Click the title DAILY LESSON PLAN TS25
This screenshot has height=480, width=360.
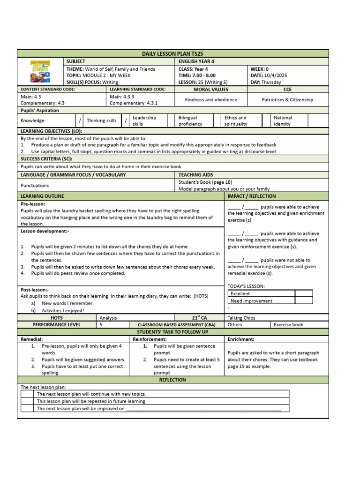pyautogui.click(x=173, y=54)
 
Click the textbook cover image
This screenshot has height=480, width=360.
pyautogui.click(x=40, y=72)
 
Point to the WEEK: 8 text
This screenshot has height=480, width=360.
pyautogui.click(x=259, y=69)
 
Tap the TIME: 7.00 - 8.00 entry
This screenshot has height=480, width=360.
pyautogui.click(x=197, y=75)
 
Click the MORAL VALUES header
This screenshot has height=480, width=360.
pyautogui.click(x=211, y=89)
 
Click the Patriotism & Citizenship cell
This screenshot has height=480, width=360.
pyautogui.click(x=287, y=99)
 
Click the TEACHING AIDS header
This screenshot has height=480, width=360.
pyautogui.click(x=196, y=175)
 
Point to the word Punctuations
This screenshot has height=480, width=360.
pyautogui.click(x=35, y=186)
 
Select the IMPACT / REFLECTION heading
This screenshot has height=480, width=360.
pyautogui.click(x=251, y=196)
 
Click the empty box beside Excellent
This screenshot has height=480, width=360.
pyautogui.click(x=303, y=293)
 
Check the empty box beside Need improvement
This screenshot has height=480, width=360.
pyautogui.click(x=303, y=301)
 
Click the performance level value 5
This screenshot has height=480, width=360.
pyautogui.click(x=101, y=324)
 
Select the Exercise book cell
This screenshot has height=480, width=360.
pyautogui.click(x=288, y=324)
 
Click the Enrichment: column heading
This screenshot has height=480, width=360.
pyautogui.click(x=241, y=339)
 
